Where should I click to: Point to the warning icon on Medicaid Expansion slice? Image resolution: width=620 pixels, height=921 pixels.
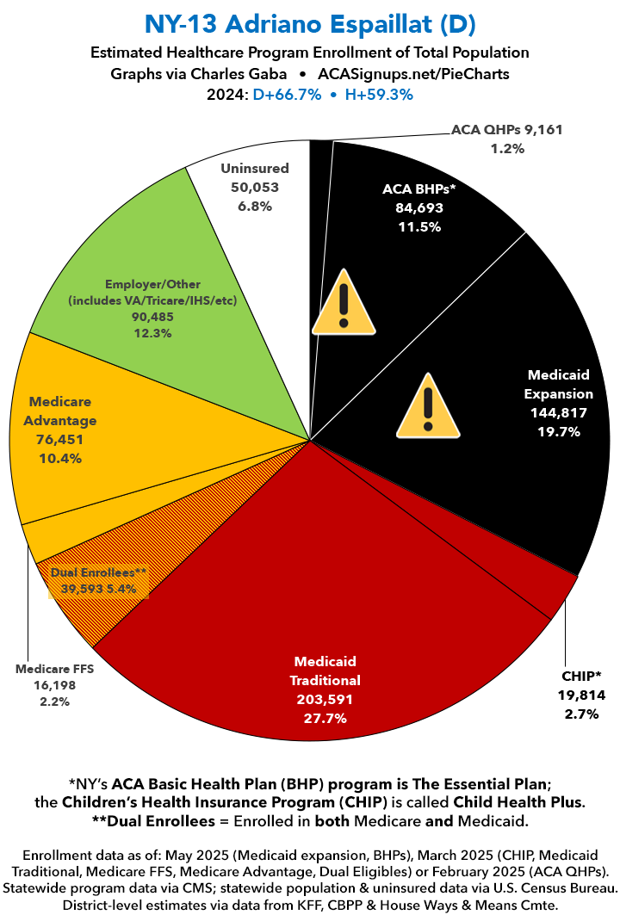coord(428,406)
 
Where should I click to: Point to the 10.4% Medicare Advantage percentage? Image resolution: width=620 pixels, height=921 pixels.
coord(60,458)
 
